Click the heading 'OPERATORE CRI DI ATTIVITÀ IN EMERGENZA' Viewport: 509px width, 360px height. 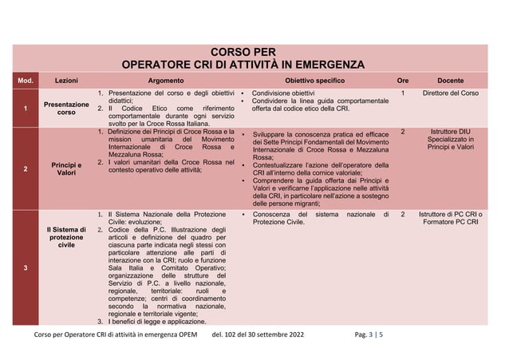click(x=243, y=65)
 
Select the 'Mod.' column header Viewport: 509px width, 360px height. click(x=26, y=81)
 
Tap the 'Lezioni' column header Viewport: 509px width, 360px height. click(x=65, y=81)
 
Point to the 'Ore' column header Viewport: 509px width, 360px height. click(x=403, y=81)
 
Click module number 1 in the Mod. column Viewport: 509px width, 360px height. click(x=26, y=109)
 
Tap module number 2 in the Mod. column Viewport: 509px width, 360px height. click(x=26, y=169)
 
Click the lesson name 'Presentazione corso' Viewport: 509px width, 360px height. click(x=65, y=109)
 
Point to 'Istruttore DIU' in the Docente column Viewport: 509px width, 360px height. click(x=451, y=131)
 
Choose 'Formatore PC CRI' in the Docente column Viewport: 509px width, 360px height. click(x=451, y=223)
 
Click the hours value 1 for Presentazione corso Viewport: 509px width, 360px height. click(x=403, y=94)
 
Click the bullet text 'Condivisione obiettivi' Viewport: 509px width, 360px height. click(x=283, y=94)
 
